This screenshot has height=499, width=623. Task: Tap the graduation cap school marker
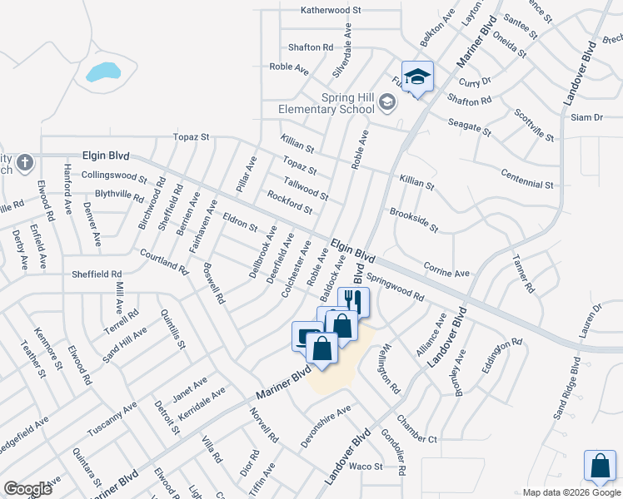(417, 77)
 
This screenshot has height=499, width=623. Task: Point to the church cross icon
(25, 162)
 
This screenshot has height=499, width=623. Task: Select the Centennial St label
(528, 178)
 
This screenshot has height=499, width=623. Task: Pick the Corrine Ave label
(446, 272)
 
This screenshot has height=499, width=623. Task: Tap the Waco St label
(365, 467)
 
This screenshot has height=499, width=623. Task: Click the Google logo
(27, 488)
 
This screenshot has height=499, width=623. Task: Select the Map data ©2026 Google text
(571, 492)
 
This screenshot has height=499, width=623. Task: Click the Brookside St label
(414, 220)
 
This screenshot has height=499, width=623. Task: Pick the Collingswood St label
(114, 177)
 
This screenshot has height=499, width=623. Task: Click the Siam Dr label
(586, 117)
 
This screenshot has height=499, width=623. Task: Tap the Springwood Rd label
(396, 289)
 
